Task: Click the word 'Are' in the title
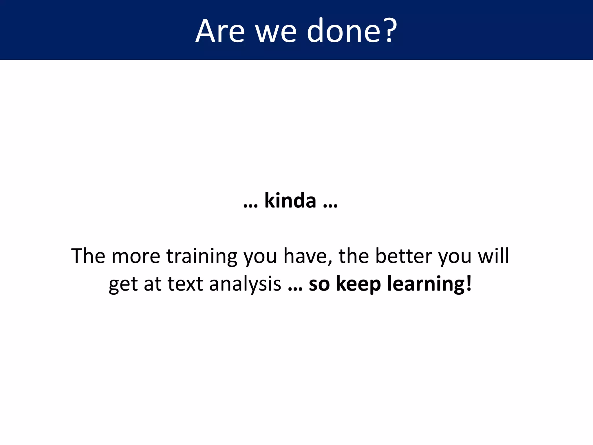pyautogui.click(x=220, y=31)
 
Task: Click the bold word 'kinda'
pyautogui.click(x=290, y=200)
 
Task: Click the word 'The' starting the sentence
pyautogui.click(x=88, y=256)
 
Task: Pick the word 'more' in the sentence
pyautogui.click(x=136, y=256)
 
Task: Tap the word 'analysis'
pyautogui.click(x=245, y=284)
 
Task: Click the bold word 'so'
pyautogui.click(x=319, y=284)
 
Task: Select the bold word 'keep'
pyautogui.click(x=358, y=284)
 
